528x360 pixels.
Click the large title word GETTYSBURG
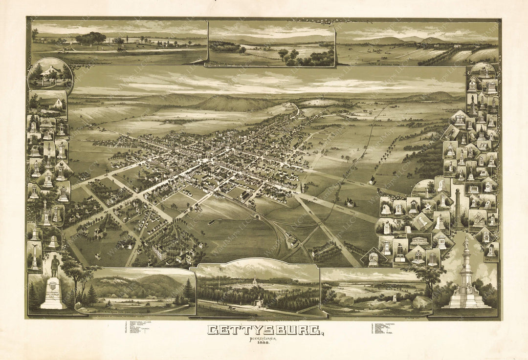click(264, 331)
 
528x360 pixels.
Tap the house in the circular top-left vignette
click(50, 76)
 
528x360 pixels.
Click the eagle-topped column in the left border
click(49, 154)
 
